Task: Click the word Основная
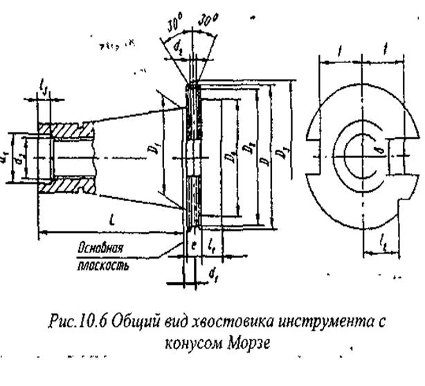coord(100,247)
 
